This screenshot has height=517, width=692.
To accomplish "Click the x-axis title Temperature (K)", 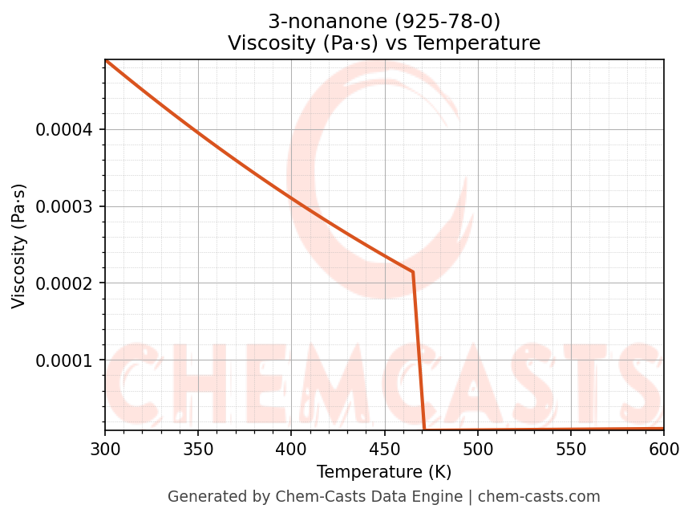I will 384,471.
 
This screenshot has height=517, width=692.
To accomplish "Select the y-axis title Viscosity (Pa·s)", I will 19,246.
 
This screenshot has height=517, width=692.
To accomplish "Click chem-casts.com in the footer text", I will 550,497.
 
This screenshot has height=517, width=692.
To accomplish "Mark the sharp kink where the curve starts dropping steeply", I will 413,272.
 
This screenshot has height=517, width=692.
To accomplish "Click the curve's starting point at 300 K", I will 106,60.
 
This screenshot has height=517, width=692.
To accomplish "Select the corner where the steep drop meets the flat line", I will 424,429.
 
